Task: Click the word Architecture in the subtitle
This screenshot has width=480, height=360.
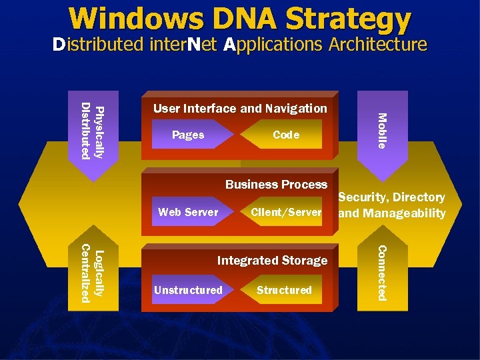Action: pyautogui.click(x=376, y=45)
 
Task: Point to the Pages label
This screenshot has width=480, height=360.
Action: pyautogui.click(x=188, y=135)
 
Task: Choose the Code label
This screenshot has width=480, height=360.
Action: pyautogui.click(x=286, y=135)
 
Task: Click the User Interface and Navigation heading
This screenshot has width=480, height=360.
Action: pyautogui.click(x=240, y=108)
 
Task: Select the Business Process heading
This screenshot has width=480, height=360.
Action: pyautogui.click(x=277, y=184)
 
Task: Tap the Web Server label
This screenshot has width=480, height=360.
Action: pyautogui.click(x=188, y=212)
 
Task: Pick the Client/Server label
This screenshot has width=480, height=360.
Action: pyautogui.click(x=286, y=212)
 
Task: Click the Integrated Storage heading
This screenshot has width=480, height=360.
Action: pyautogui.click(x=272, y=260)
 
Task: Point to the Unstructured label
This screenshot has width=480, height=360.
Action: pyautogui.click(x=188, y=290)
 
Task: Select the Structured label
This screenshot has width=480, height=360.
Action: pyautogui.click(x=284, y=290)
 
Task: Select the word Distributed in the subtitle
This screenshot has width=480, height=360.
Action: pyautogui.click(x=98, y=45)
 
